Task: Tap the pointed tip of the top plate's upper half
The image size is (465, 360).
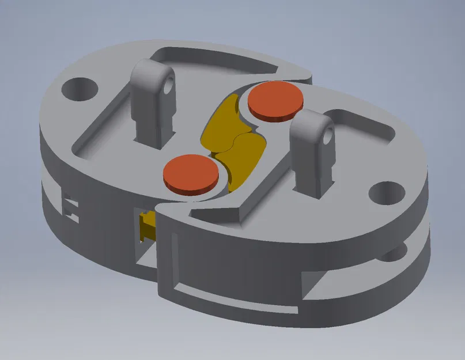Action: (305, 75)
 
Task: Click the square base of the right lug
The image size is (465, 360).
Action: (311, 182)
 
